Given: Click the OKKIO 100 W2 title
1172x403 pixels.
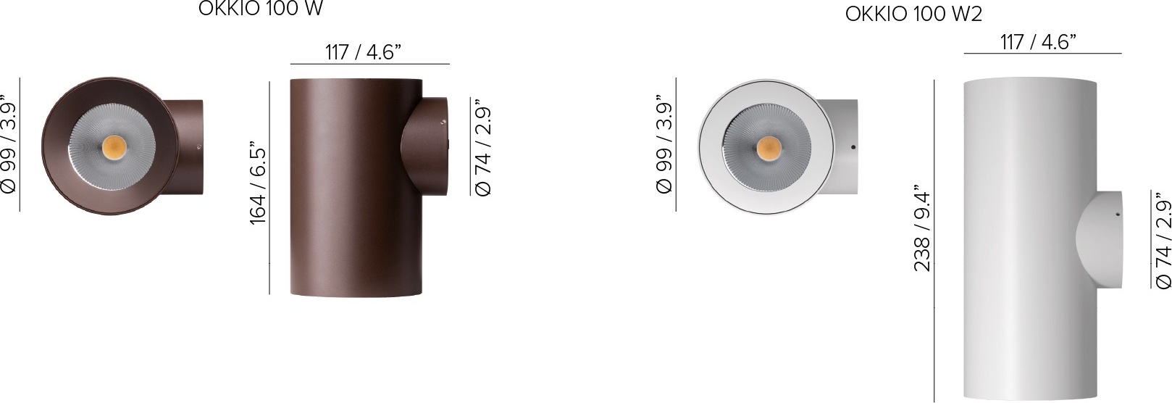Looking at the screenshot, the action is click(913, 14).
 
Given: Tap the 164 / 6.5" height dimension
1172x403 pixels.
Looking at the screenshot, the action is click(258, 183).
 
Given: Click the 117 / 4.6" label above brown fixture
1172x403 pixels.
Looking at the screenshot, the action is click(363, 52).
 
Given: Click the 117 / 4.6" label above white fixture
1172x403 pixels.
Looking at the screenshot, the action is click(1038, 42).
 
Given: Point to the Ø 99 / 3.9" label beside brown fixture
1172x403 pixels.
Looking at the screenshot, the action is click(9, 144).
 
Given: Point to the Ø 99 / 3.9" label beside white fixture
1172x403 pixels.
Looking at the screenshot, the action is click(664, 144).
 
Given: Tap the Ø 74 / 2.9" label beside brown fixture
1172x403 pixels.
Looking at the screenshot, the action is click(482, 146).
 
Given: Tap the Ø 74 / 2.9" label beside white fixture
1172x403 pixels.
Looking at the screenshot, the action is click(1163, 240).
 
